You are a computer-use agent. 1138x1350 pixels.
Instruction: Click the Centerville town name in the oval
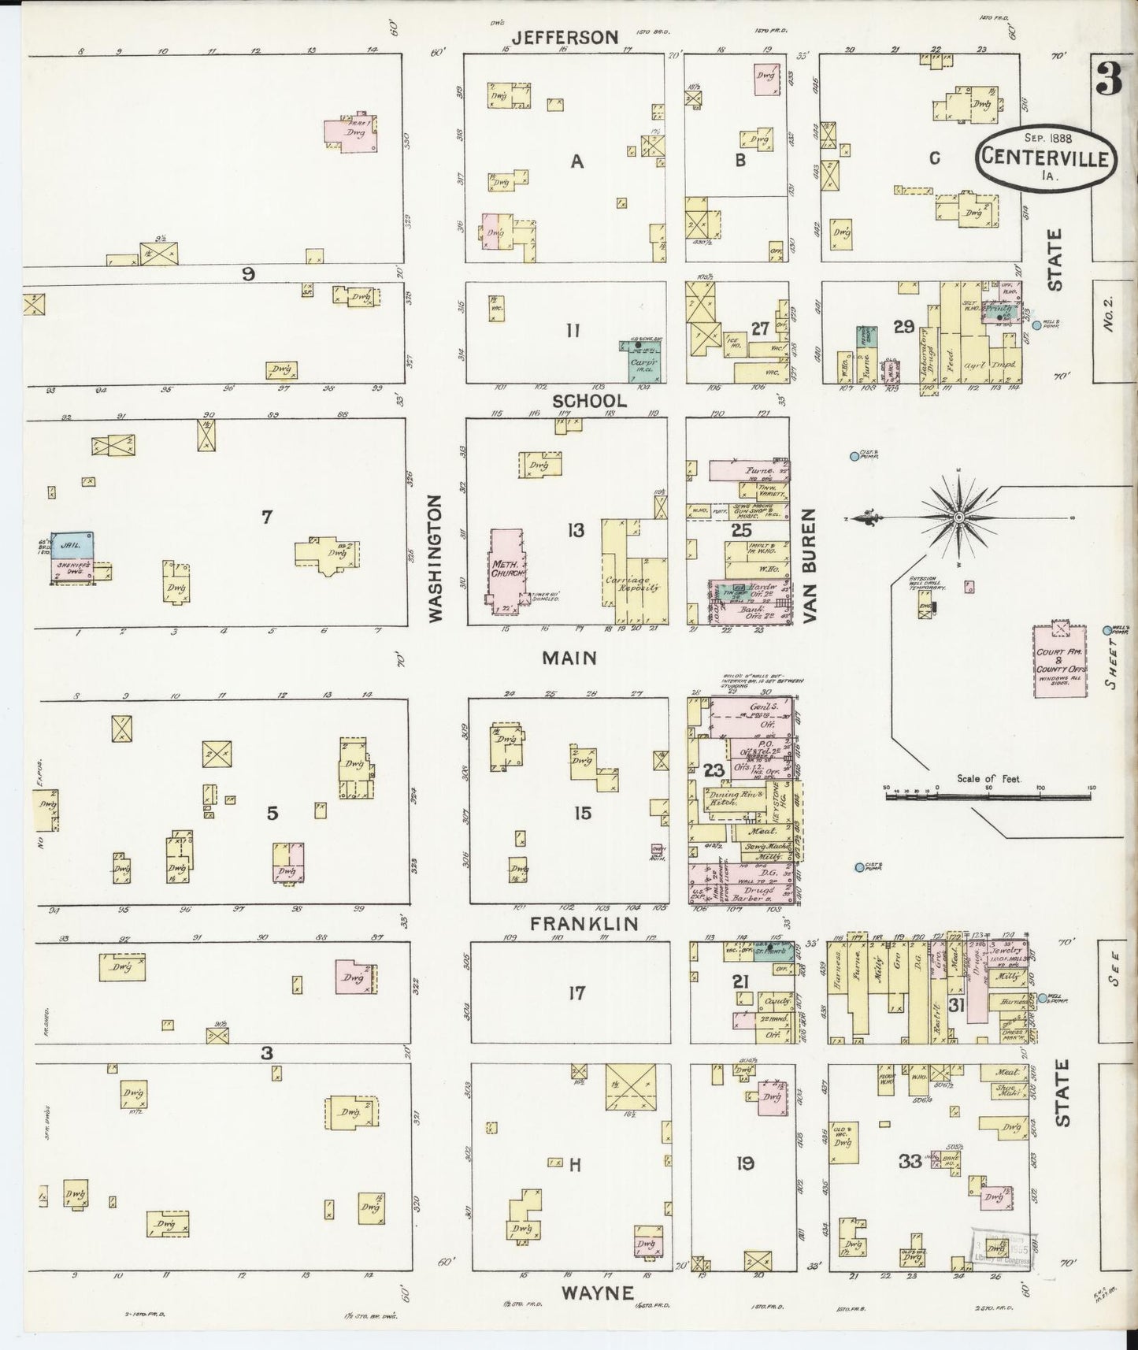point(1044,158)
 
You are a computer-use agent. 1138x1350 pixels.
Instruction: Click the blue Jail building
point(73,543)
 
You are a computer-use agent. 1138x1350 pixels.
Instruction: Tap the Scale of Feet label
point(988,778)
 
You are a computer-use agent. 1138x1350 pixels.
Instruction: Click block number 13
point(576,530)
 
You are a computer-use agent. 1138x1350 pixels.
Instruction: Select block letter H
point(574,1165)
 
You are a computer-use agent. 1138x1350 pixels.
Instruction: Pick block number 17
point(576,992)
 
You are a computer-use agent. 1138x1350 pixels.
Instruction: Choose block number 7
point(266,517)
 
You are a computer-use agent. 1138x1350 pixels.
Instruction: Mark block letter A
point(576,161)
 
